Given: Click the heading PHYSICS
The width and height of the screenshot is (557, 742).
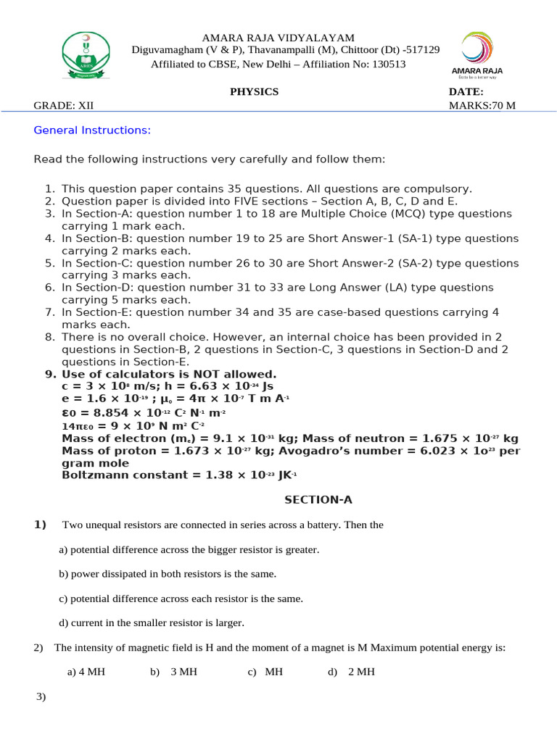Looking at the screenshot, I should tap(254, 92).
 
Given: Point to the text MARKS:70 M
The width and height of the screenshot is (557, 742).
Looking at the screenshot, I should tap(482, 106).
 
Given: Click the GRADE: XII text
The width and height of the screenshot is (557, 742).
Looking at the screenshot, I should tap(64, 106).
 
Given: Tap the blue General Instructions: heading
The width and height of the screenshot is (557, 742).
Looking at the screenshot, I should tap(92, 130).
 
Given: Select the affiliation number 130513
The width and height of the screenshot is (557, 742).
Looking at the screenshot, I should tap(389, 64).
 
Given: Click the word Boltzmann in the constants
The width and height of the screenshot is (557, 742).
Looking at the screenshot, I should tap(94, 475).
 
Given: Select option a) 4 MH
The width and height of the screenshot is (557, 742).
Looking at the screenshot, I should tap(86, 672).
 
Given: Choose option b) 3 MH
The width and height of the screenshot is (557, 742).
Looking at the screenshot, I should tap(174, 672).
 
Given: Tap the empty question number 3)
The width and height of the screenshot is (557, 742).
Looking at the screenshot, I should tap(41, 697).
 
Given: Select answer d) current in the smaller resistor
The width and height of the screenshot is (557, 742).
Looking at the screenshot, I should tap(152, 622).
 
